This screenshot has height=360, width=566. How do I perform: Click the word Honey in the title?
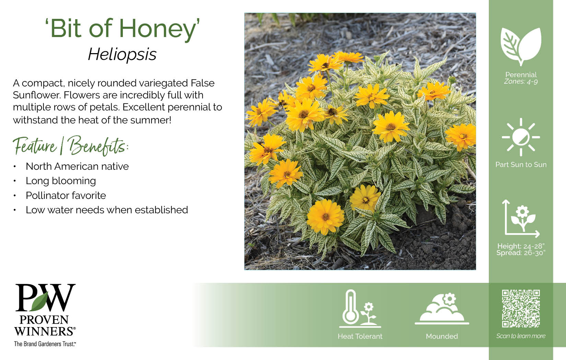click(158, 29)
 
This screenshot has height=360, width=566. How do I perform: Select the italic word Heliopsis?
click(122, 55)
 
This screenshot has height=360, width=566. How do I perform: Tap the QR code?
click(521, 309)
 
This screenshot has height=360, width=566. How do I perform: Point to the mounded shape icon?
click(442, 309)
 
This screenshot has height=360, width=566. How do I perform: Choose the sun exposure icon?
click(521, 137)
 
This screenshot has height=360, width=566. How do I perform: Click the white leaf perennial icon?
click(521, 47)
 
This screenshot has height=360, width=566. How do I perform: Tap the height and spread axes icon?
click(521, 218)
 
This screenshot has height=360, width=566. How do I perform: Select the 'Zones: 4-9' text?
click(521, 82)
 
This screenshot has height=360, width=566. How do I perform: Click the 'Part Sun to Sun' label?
click(521, 165)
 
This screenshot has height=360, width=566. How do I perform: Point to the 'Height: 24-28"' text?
click(521, 246)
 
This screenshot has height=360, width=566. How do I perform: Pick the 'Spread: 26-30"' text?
click(521, 253)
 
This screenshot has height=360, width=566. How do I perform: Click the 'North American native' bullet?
click(77, 167)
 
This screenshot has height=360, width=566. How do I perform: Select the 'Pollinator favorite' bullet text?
click(66, 195)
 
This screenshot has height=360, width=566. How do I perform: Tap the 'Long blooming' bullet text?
click(61, 181)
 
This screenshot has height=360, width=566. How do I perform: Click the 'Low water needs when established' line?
click(107, 210)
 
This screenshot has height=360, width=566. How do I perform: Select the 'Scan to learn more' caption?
click(521, 336)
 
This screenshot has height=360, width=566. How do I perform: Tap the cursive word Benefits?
click(98, 146)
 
